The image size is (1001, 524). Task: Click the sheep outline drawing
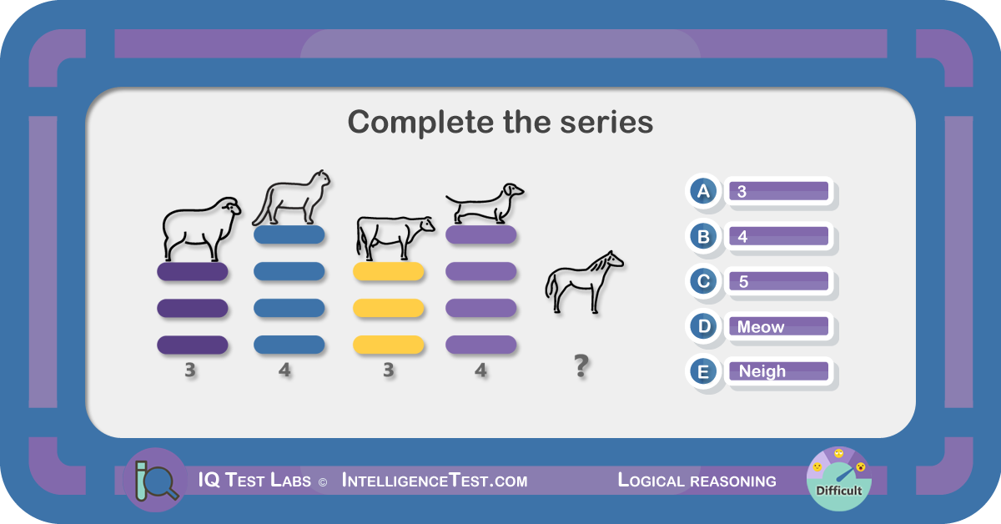coord(201,229)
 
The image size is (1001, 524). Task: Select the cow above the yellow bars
coord(395,238)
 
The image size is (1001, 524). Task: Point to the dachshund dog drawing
coord(485,204)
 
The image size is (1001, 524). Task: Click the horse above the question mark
coord(585,282)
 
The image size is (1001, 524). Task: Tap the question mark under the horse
coord(581,365)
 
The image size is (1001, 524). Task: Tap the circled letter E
coord(703,371)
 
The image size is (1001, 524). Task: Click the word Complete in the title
coord(421,123)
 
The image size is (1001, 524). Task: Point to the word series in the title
coord(606,123)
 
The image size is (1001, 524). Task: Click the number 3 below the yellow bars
coord(389,370)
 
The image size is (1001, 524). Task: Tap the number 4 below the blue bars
coord(284,370)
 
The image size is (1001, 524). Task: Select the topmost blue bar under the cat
coord(289,234)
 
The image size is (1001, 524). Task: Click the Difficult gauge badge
coord(839,479)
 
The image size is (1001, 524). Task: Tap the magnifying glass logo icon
coord(155,480)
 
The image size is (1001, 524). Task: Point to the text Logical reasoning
coord(697,481)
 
